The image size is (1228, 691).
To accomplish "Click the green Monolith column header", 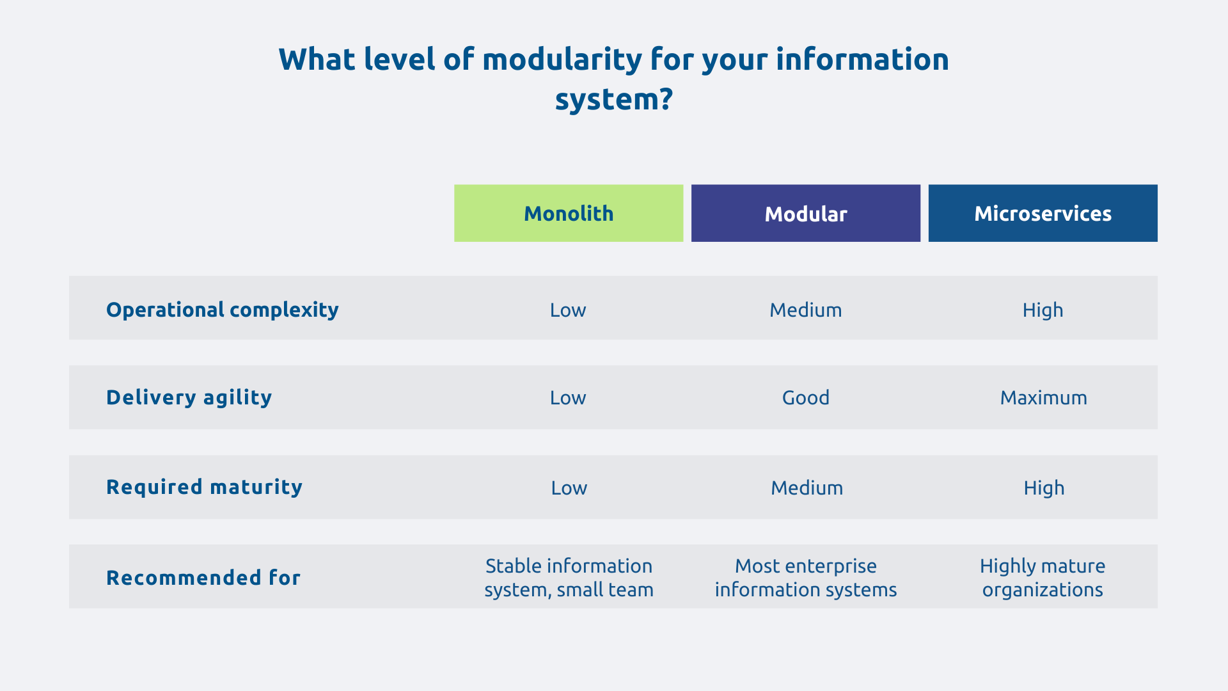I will click(569, 213).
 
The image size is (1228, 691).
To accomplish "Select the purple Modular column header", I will click(805, 213).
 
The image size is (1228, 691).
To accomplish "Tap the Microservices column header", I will click(1043, 213).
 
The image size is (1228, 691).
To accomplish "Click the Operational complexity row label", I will click(222, 310).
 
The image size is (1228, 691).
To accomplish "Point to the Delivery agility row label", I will click(189, 397).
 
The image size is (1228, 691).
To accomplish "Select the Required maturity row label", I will click(204, 487).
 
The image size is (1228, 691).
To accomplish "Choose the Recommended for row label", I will click(203, 578).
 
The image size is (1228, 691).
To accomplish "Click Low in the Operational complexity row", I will click(568, 310).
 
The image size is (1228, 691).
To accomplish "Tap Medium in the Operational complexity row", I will click(805, 310).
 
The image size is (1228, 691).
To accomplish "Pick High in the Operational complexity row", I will click(1043, 310).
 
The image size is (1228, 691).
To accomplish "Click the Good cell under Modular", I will click(805, 398).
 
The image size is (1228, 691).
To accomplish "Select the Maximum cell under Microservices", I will click(1043, 398).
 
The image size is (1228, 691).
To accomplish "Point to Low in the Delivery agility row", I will click(568, 398).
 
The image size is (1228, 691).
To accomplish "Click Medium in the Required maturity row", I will click(807, 488).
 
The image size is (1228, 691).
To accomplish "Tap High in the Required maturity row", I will click(1044, 488).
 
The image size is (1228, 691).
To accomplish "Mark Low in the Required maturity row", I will click(569, 488).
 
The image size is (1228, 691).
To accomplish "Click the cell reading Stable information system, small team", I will click(569, 578).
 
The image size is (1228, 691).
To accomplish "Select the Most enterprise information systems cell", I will click(805, 578).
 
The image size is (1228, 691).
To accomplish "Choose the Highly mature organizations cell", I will click(1043, 578).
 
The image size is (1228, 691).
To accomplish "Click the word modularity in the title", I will click(562, 60).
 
